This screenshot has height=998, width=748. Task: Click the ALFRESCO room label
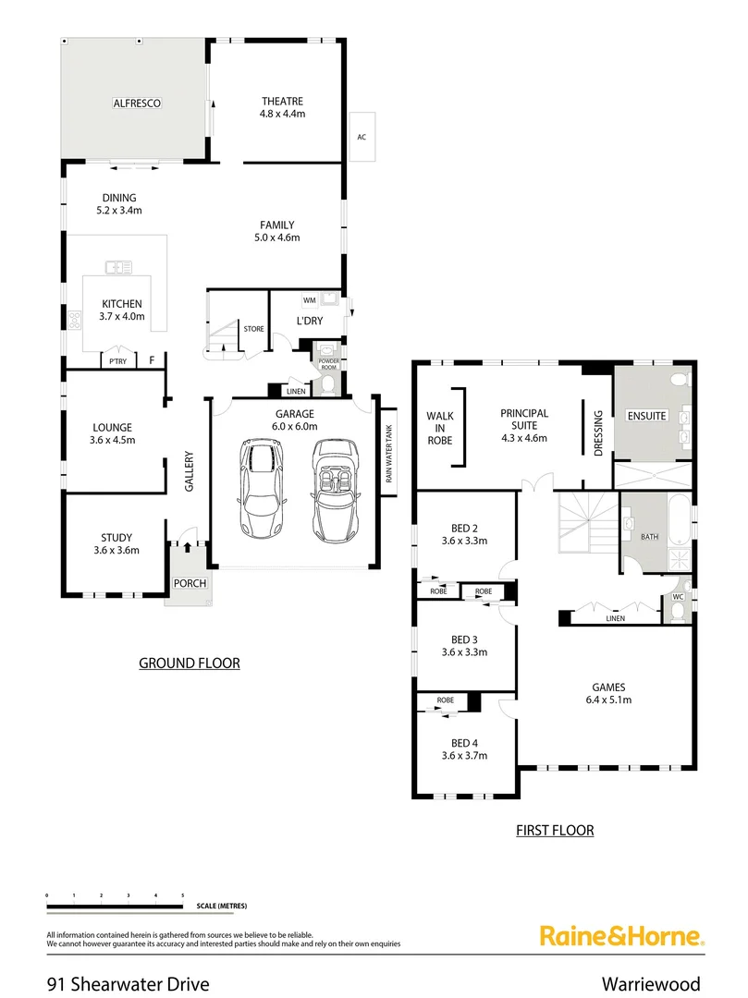click(x=138, y=103)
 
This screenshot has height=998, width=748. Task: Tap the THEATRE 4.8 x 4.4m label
click(x=282, y=107)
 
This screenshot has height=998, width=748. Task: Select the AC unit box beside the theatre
click(x=362, y=137)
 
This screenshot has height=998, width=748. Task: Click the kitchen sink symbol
click(x=118, y=267)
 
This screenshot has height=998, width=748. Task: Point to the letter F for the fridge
click(x=152, y=360)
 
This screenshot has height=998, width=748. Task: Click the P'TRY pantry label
click(x=117, y=361)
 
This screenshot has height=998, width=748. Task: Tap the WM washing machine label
click(x=309, y=301)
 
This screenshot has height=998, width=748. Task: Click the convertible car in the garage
click(x=334, y=490)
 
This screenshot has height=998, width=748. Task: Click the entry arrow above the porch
click(x=188, y=546)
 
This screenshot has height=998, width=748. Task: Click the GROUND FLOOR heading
click(x=189, y=663)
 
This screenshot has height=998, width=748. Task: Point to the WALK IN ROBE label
click(x=439, y=429)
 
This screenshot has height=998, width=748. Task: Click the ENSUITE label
click(x=646, y=416)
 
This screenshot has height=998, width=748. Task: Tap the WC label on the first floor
click(x=678, y=597)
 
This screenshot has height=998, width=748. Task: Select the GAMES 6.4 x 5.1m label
click(x=608, y=693)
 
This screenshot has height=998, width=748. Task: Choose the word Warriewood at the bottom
click(x=650, y=983)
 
